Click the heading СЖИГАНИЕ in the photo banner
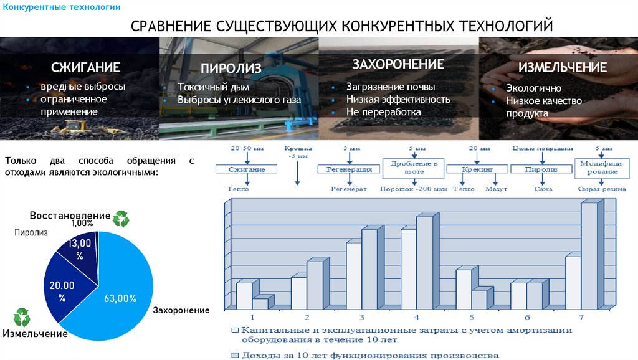(x=85, y=67)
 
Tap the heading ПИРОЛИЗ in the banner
(x=231, y=69)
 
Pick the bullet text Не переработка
(x=384, y=112)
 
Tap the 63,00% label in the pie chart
(x=120, y=299)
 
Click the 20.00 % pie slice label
(x=62, y=291)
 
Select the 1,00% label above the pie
(x=82, y=223)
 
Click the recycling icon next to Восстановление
(x=121, y=218)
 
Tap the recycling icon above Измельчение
(x=22, y=316)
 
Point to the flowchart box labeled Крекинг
(x=478, y=169)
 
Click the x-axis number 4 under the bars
(x=417, y=317)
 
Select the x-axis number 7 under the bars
(x=581, y=317)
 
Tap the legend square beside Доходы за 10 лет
(x=235, y=355)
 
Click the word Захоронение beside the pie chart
(x=181, y=310)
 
